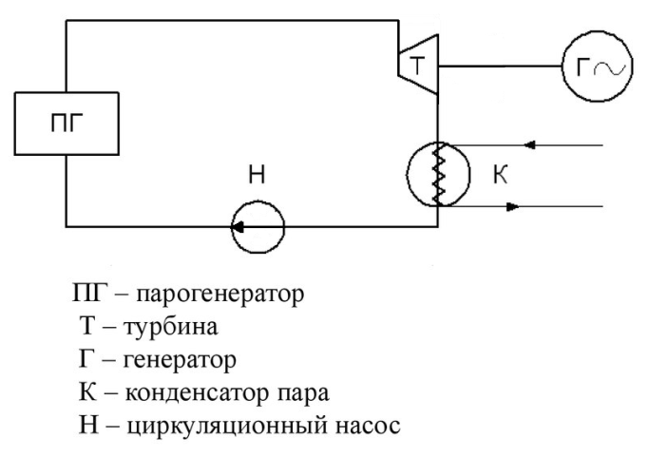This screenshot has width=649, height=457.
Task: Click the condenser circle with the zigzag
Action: point(408,174)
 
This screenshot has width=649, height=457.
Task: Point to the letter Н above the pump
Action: point(257,174)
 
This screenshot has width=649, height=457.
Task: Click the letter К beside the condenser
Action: point(500,174)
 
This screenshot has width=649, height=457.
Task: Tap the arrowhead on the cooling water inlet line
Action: point(529,144)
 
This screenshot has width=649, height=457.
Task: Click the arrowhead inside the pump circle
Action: point(237,227)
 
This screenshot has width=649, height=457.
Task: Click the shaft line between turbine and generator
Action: point(500,66)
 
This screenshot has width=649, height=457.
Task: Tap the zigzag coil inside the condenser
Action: point(439,174)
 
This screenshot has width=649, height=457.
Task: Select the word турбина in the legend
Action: point(170,327)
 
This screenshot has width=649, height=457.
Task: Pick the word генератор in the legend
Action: point(180,360)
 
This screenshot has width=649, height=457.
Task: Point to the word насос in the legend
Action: point(368,426)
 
